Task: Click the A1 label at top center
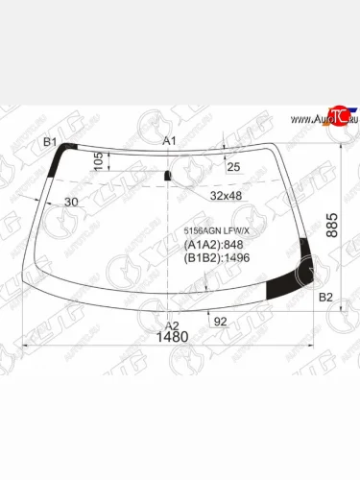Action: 171,142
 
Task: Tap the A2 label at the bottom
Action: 173,324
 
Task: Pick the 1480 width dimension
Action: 173,338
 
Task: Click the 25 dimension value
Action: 234,168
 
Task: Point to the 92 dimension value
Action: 219,322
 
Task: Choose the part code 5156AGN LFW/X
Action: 216,231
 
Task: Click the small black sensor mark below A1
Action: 169,175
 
